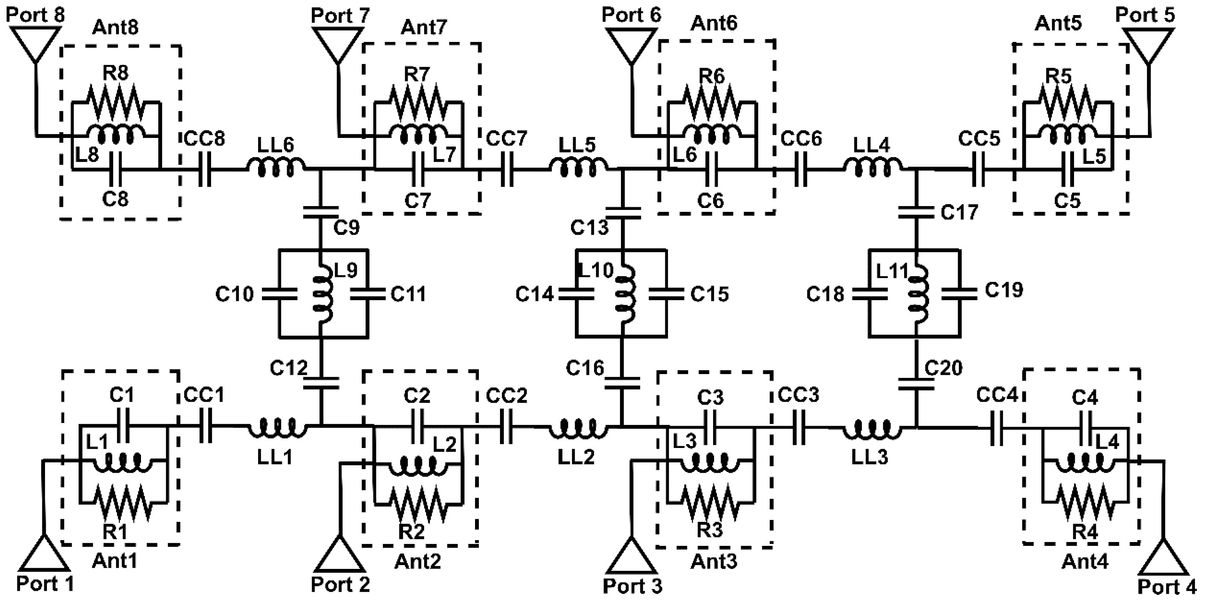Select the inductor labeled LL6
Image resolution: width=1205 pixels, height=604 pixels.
(x=276, y=168)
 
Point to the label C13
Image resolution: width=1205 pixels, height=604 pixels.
(x=589, y=228)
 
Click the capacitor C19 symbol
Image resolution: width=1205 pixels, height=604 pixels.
(x=959, y=294)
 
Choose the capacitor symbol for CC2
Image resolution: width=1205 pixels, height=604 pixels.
(x=506, y=427)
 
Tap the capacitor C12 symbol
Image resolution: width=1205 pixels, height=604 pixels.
(x=321, y=383)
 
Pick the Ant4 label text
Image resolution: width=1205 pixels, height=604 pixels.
(x=1084, y=561)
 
